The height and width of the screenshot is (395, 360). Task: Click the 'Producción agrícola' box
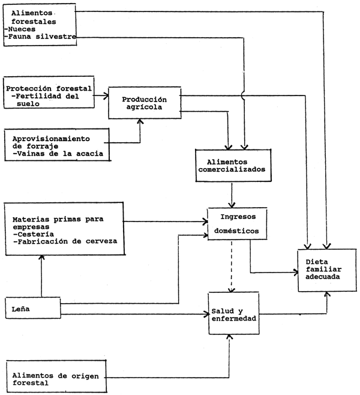[143, 103]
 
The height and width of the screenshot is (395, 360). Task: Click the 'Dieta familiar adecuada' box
[326, 270]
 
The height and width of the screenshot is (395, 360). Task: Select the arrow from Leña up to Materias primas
[41, 276]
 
